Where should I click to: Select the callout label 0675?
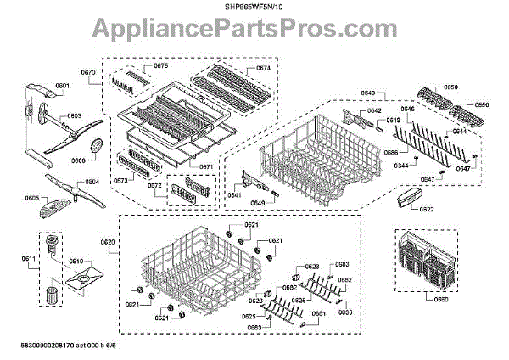(x=160, y=65)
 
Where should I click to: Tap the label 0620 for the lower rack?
(x=107, y=242)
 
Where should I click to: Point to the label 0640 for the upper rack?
(x=367, y=92)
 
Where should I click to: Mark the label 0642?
(x=374, y=111)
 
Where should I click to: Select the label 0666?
(x=391, y=152)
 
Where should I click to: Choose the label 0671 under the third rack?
(x=205, y=166)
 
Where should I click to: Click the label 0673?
(x=120, y=180)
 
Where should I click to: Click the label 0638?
(x=344, y=312)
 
